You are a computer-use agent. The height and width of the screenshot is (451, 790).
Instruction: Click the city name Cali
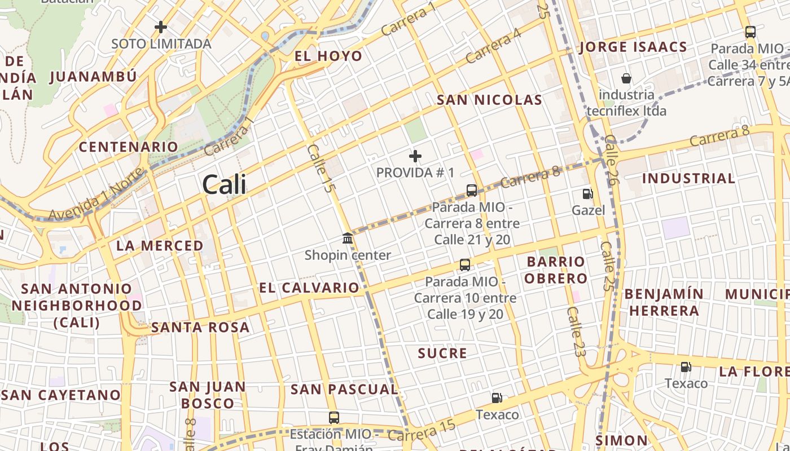224,184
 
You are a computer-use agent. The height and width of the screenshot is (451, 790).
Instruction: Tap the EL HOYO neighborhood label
328,56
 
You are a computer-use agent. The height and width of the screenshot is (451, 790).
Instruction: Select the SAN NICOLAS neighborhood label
489,100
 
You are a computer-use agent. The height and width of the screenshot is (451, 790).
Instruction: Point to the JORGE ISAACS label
633,47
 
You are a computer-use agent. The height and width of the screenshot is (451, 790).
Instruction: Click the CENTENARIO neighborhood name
128,147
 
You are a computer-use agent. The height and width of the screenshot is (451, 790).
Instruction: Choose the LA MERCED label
160,246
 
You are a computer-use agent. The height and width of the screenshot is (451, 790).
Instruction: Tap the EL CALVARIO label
309,288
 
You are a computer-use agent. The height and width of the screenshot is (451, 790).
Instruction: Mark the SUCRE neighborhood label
442,353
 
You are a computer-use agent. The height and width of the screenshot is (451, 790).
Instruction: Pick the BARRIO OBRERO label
556,270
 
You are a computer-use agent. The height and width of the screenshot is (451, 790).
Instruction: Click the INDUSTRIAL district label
688,179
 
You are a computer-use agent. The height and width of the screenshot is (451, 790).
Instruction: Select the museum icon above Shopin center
348,238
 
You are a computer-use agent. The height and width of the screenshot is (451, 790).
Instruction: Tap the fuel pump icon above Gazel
587,194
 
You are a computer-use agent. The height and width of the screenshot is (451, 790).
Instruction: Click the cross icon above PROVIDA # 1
415,156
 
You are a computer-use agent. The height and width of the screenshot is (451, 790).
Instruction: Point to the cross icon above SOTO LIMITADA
161,26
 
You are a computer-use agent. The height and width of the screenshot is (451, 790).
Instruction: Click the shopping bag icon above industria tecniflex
626,78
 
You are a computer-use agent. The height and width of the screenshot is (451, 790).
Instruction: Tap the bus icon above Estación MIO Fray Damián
334,418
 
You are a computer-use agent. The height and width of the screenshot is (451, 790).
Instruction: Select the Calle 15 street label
319,169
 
